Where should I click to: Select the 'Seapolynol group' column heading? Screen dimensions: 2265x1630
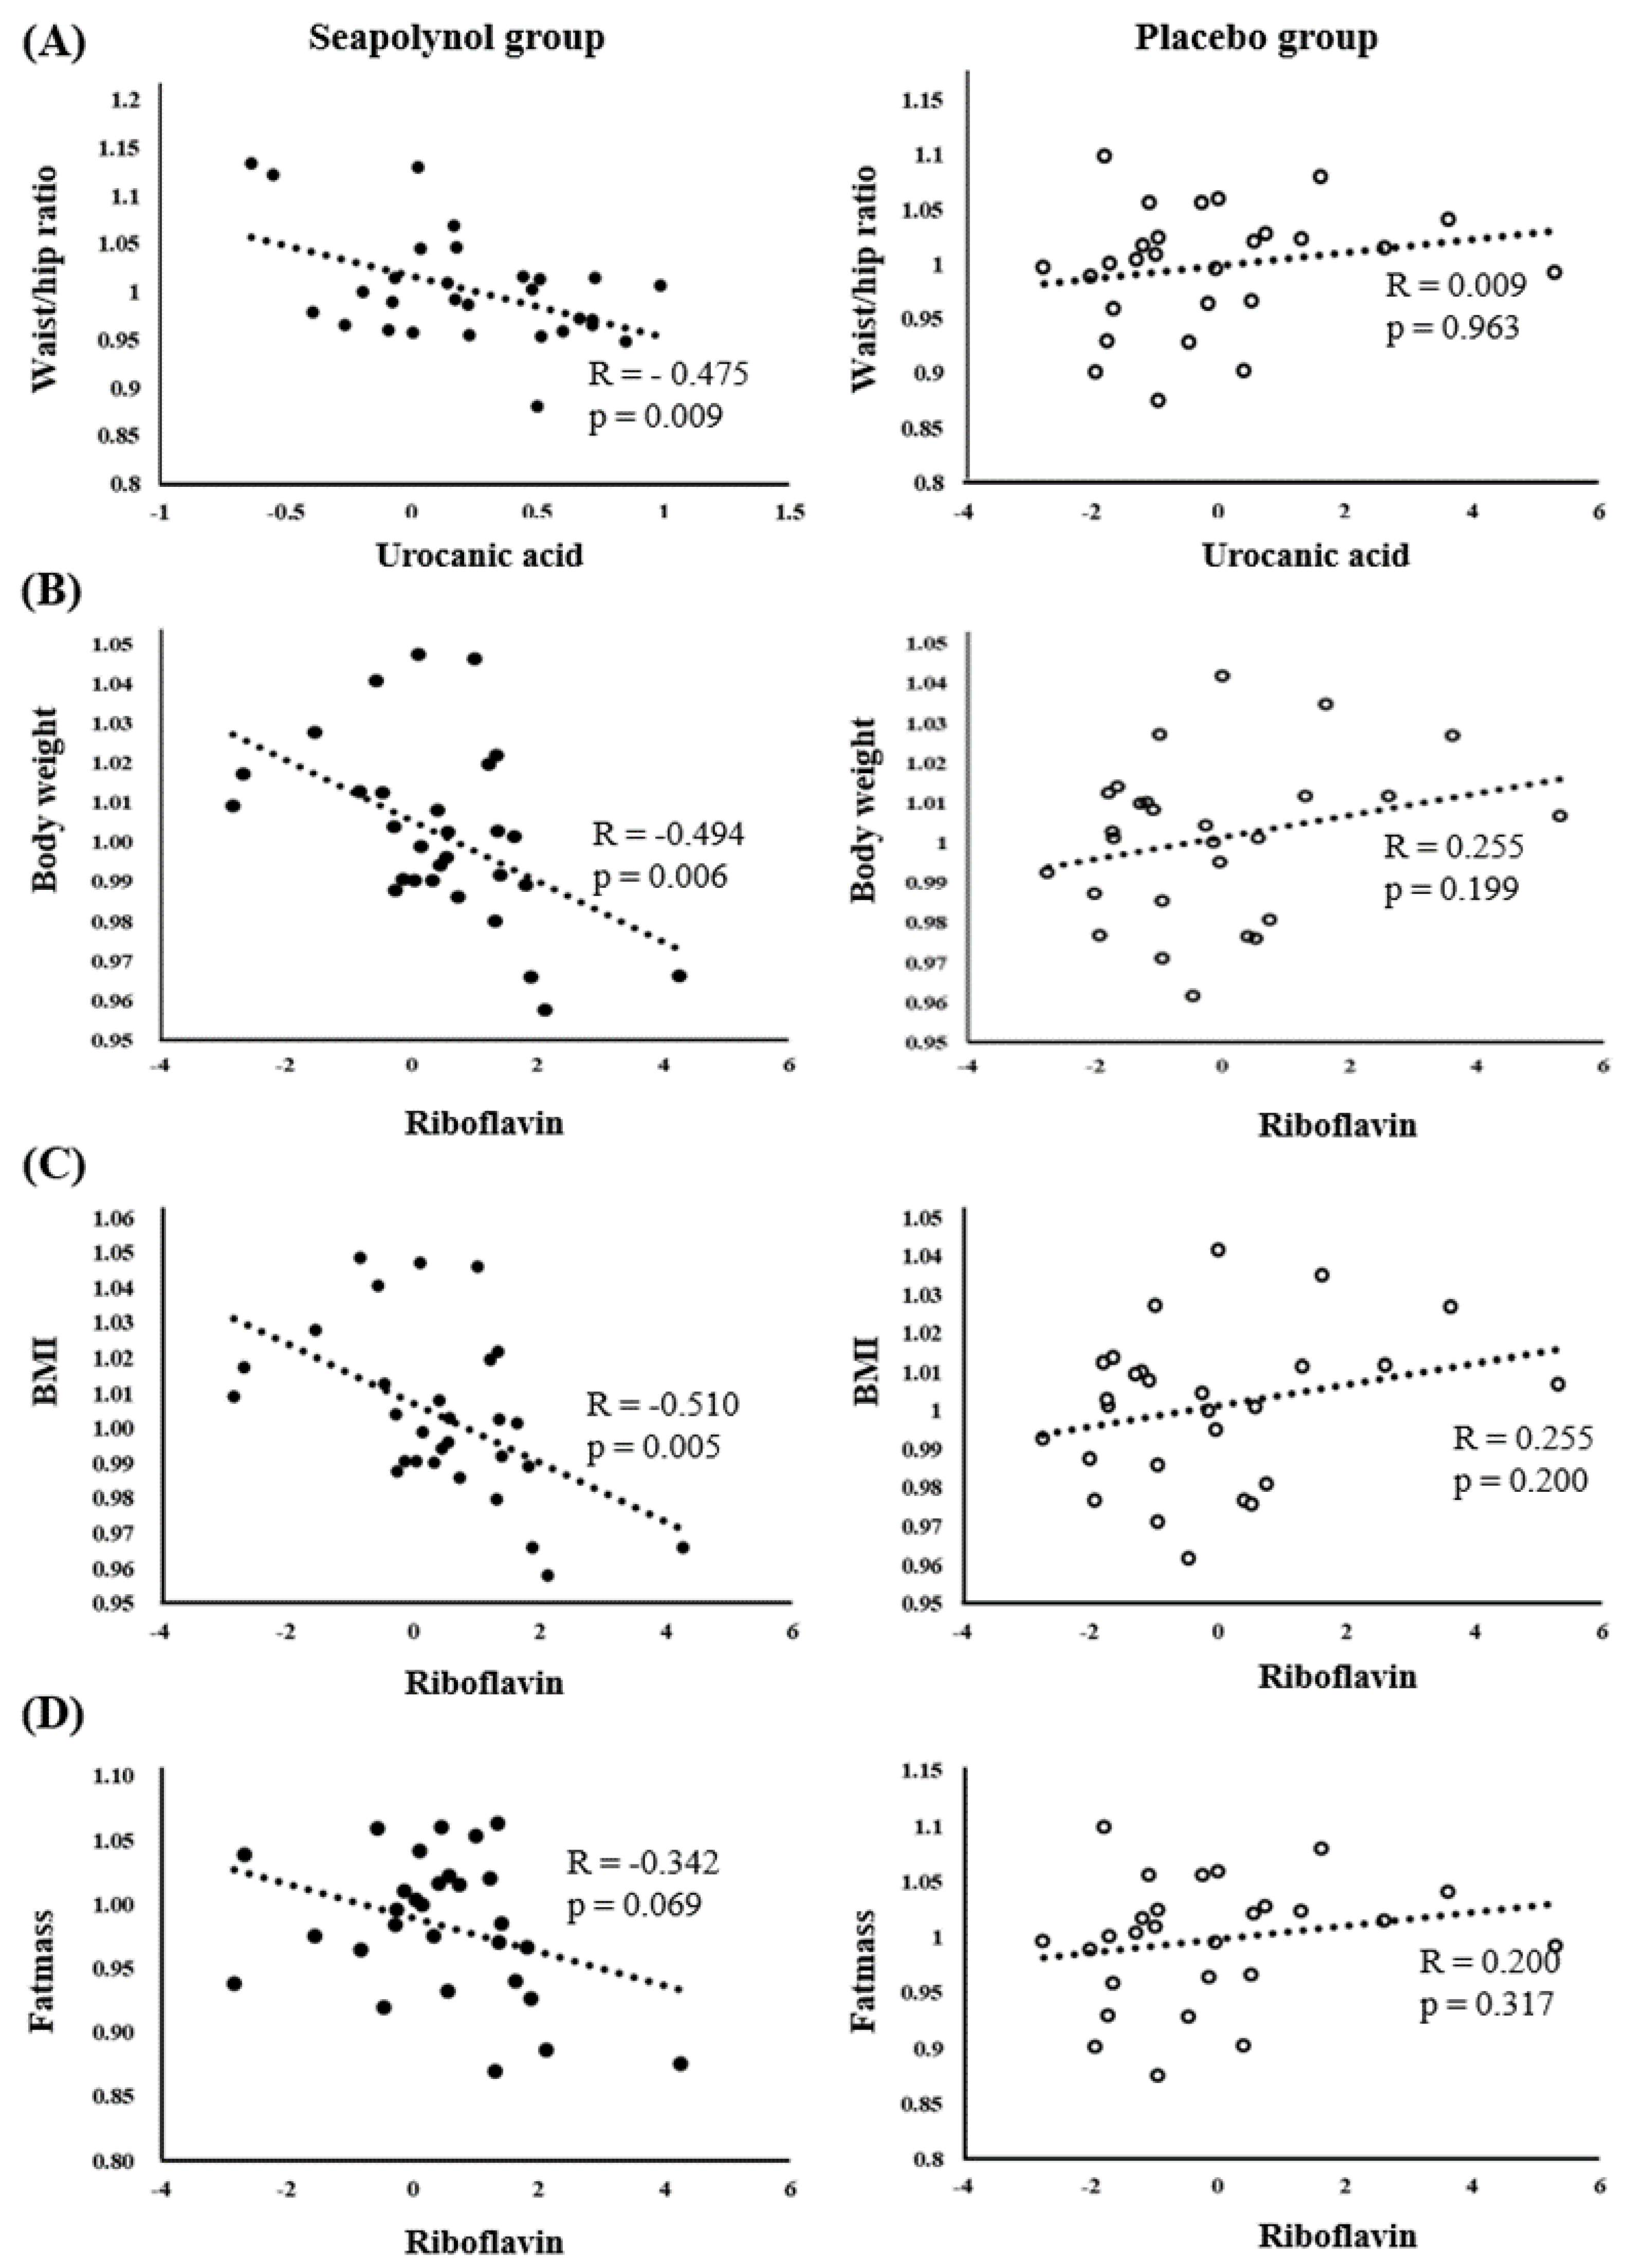tap(456, 38)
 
